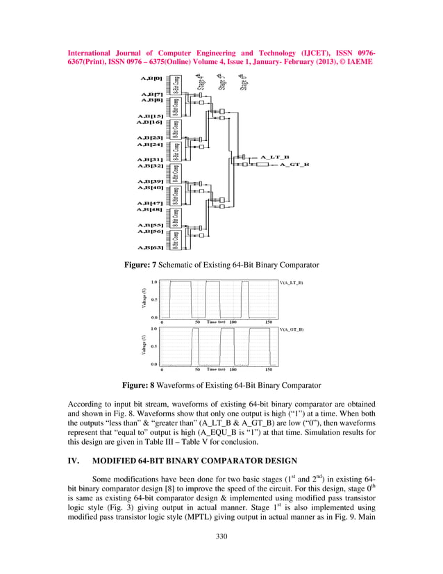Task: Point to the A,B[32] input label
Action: tap(150, 166)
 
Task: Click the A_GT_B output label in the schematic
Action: tap(294, 165)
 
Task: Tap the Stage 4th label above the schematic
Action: tap(201, 81)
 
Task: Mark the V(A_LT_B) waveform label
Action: tap(291, 284)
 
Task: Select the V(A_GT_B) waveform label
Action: tap(291, 329)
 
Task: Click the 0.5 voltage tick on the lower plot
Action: tap(154, 346)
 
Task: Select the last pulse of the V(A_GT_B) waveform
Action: tap(267, 345)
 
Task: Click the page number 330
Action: tap(221, 536)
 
